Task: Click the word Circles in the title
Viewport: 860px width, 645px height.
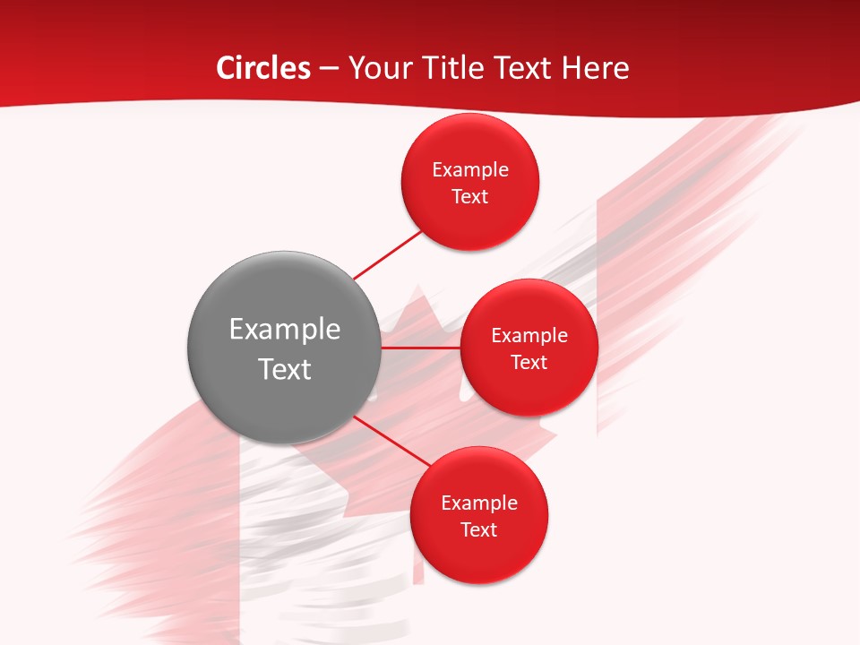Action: click(262, 68)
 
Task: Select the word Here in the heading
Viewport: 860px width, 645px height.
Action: click(595, 68)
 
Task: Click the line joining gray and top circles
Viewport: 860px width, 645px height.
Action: click(387, 254)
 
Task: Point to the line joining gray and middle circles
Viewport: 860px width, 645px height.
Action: click(421, 348)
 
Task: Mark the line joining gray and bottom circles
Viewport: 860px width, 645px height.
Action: click(391, 441)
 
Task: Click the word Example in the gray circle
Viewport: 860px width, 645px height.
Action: click(285, 330)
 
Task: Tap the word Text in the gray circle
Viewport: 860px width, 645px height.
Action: click(285, 369)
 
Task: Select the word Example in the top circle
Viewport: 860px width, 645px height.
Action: click(470, 169)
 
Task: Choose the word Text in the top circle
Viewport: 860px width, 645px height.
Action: click(470, 196)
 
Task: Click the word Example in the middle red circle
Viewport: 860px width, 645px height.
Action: click(529, 335)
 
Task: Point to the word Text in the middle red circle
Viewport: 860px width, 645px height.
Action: click(529, 362)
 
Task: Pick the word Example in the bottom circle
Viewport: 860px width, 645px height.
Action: click(479, 503)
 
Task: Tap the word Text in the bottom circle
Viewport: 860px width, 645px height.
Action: click(479, 529)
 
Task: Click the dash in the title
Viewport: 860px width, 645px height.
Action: click(329, 69)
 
